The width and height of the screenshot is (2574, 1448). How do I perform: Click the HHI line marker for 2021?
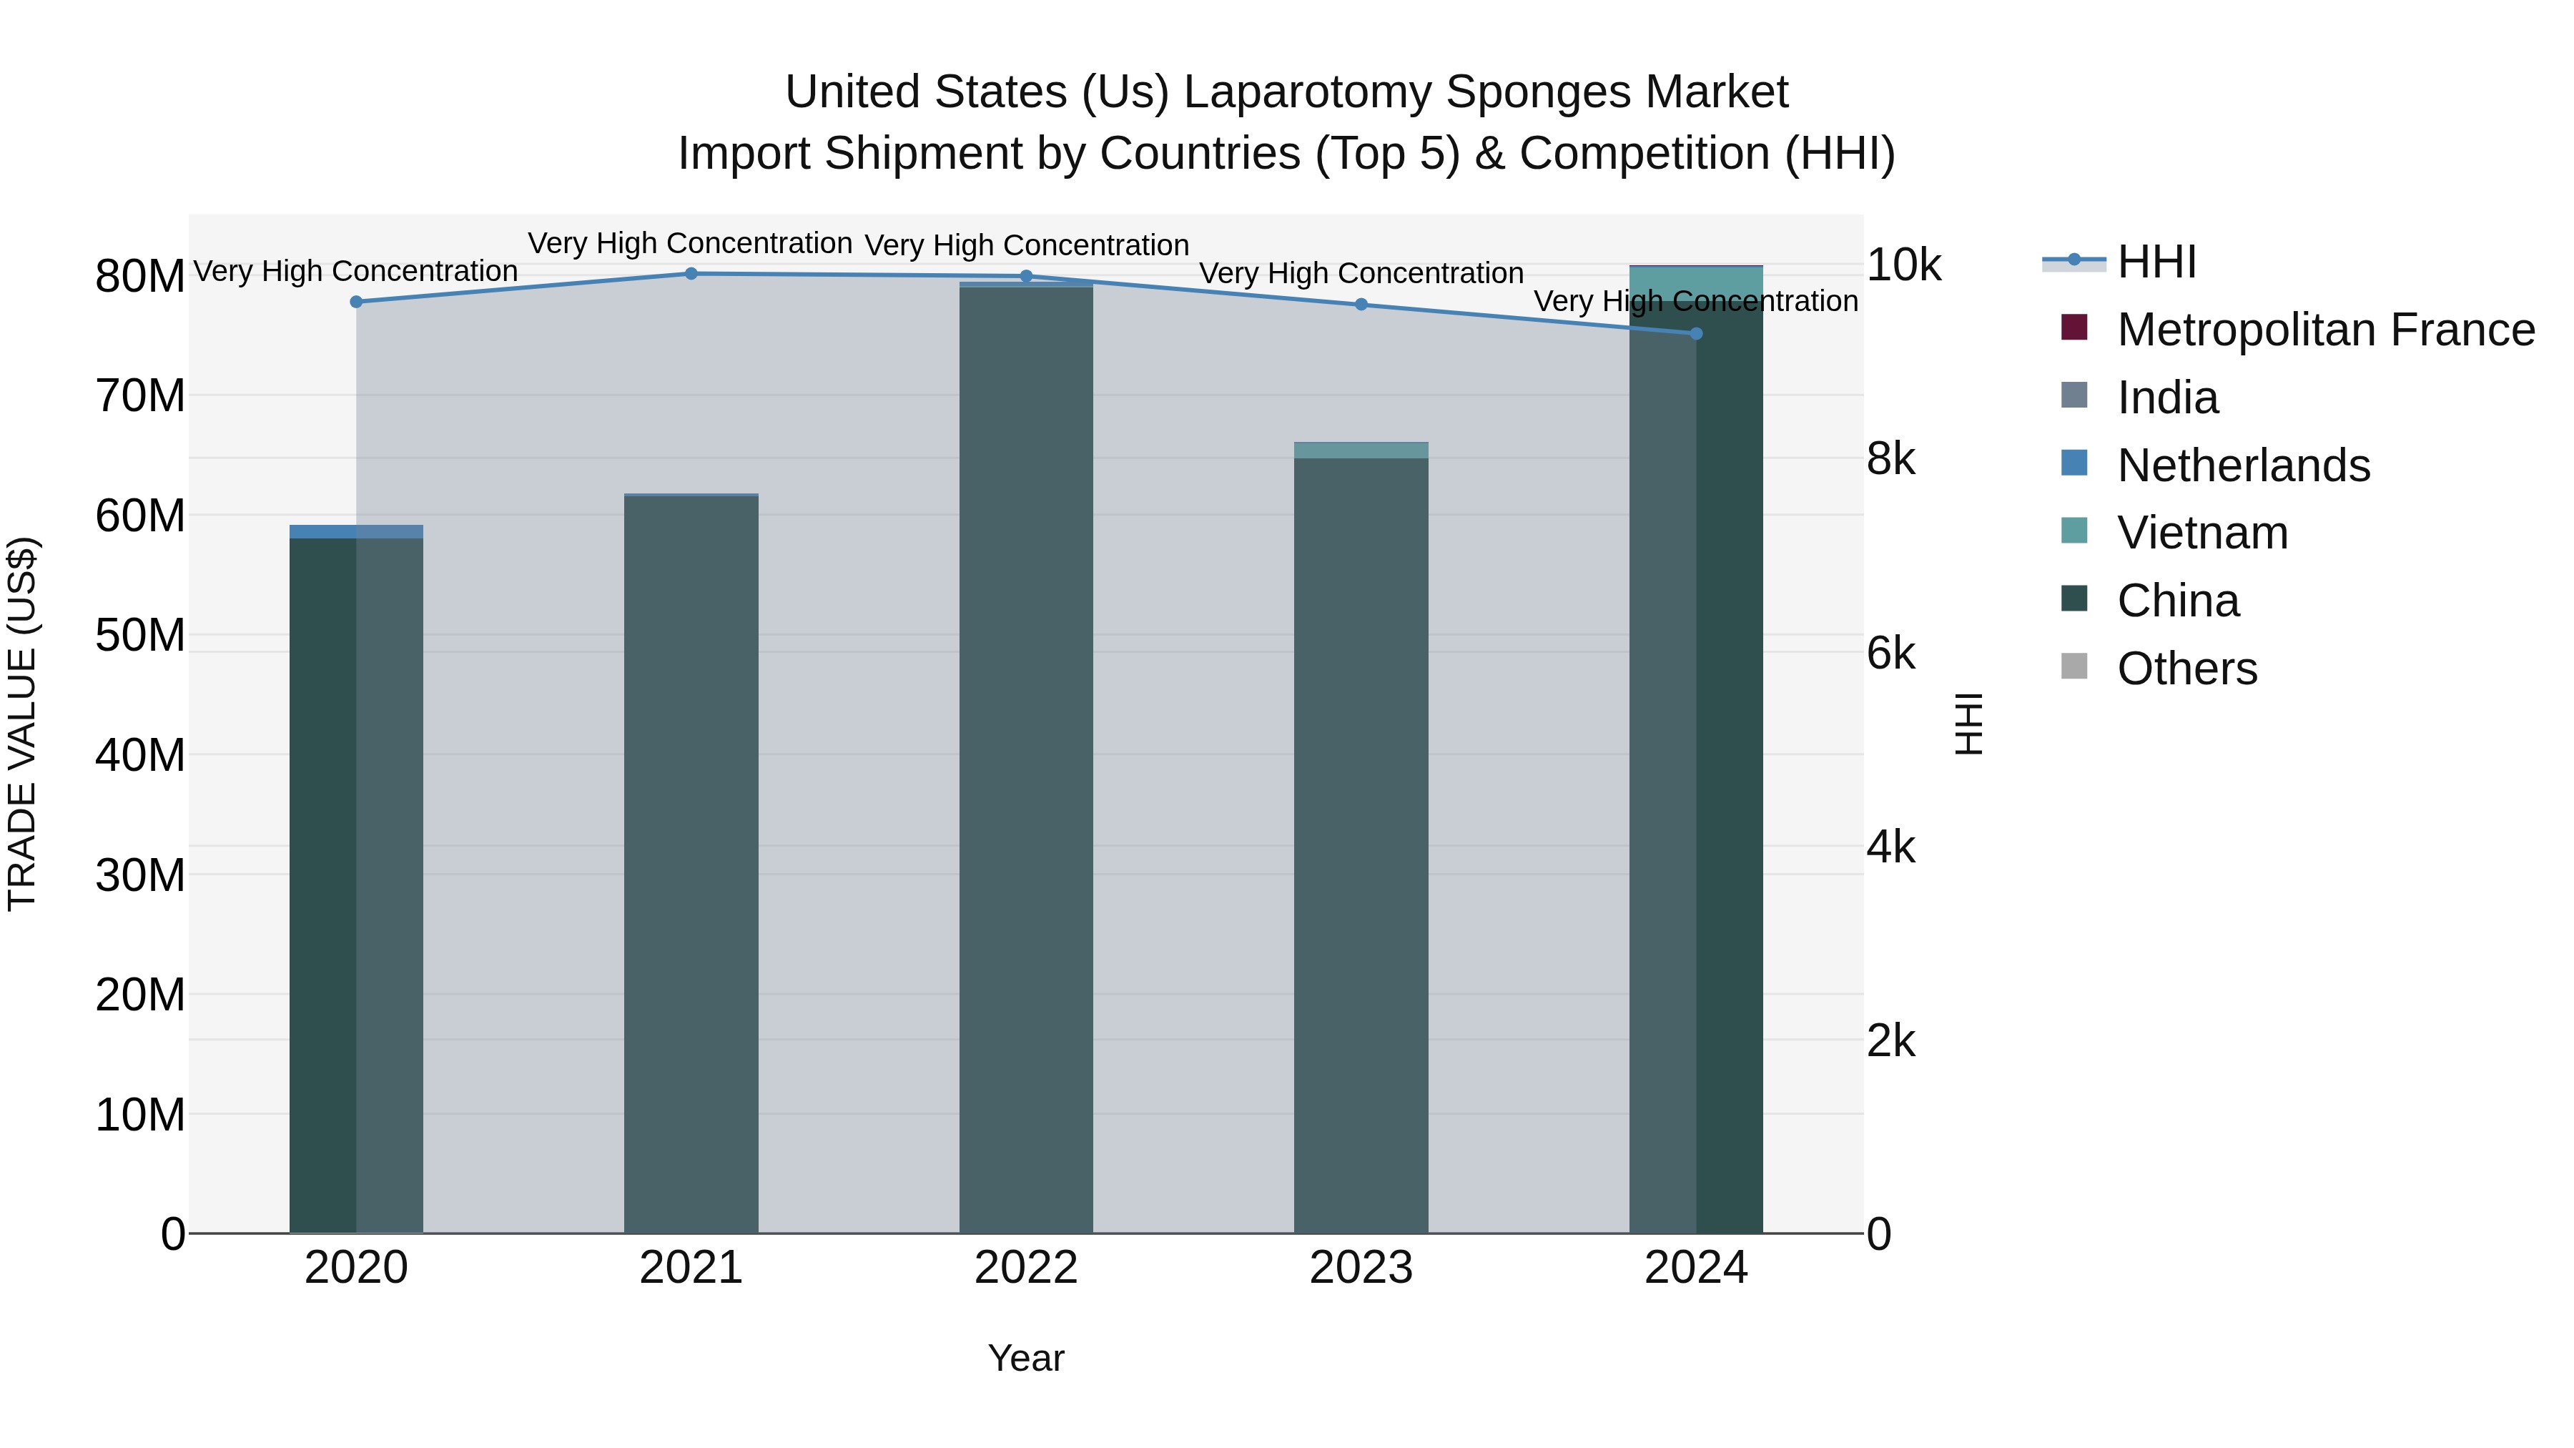point(691,274)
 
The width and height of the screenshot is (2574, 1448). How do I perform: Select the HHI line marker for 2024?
point(1696,334)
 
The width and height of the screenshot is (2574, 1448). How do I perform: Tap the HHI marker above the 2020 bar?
point(356,302)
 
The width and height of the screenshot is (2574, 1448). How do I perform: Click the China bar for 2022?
point(1026,759)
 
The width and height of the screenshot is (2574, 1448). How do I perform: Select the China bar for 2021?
point(691,865)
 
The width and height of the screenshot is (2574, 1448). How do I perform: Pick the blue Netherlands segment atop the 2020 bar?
point(356,531)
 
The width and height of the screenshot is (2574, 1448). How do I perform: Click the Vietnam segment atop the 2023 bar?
point(1361,450)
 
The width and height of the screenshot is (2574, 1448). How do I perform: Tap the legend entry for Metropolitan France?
point(2325,330)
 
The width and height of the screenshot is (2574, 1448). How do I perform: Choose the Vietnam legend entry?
point(2201,533)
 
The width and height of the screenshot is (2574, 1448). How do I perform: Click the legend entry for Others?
point(2186,669)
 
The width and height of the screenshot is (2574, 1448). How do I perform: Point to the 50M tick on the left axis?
point(140,636)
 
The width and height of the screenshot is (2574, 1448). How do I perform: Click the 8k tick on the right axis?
point(1890,460)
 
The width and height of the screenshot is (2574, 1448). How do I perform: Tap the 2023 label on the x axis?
point(1361,1268)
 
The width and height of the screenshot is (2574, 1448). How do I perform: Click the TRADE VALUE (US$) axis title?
point(23,724)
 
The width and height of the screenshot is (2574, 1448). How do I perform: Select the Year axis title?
point(1026,1358)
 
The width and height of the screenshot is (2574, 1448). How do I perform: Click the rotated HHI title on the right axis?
point(1968,724)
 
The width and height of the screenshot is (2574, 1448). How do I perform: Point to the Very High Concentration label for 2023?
point(1361,273)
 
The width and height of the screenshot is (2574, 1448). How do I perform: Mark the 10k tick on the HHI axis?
point(1903,266)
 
